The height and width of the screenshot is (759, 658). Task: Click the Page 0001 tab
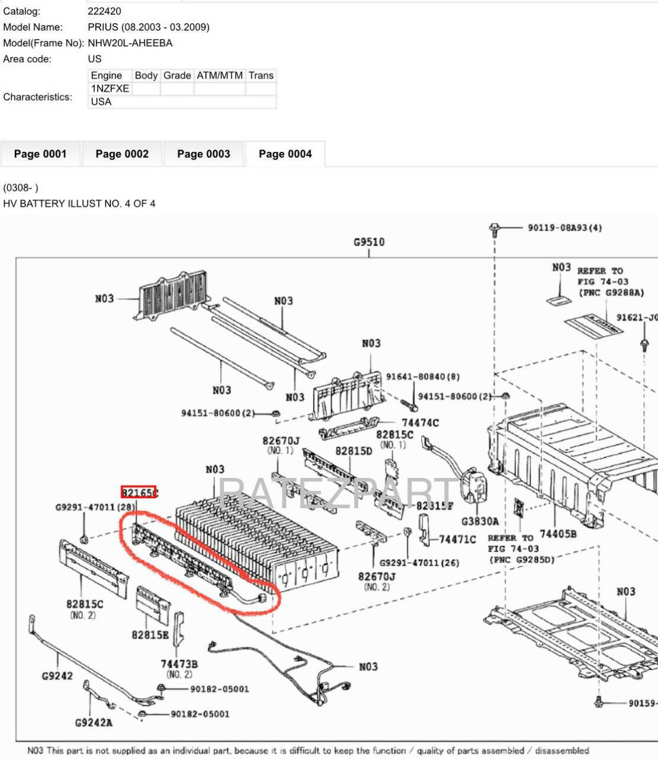coord(40,154)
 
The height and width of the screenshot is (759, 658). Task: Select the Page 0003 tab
coord(203,154)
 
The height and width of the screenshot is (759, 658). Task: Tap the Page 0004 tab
coord(285,154)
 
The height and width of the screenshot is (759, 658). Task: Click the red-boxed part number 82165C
coord(139,492)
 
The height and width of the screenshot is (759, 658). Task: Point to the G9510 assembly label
coord(369,242)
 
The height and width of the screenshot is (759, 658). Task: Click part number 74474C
coord(420,423)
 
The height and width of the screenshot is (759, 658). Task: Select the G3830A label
coord(480,521)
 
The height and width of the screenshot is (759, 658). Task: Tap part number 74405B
coord(559,534)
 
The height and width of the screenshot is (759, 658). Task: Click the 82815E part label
coord(150,634)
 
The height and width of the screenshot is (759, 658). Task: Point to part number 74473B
coord(179,664)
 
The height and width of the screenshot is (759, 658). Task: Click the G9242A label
coord(94,722)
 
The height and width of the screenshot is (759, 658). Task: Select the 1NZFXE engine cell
coord(110,88)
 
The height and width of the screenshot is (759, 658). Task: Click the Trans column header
coord(261,75)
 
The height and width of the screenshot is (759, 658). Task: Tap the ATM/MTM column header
coord(219,75)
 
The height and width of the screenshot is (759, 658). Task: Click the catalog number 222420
coord(104,11)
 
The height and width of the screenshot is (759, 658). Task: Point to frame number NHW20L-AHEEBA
coord(130,43)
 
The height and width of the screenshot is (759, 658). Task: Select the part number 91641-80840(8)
coord(422,377)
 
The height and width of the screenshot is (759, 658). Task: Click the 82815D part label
coord(354,451)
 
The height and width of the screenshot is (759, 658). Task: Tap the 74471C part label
coord(457,539)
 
